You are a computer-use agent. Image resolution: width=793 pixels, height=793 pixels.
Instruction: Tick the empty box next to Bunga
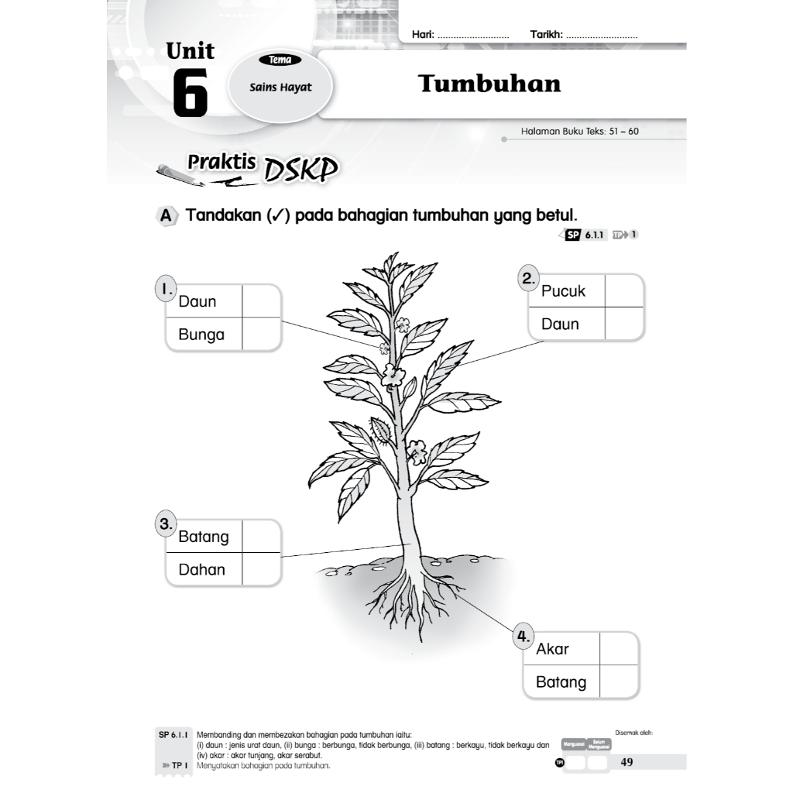coord(261,335)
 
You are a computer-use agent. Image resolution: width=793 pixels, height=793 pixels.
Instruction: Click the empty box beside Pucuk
coord(623,291)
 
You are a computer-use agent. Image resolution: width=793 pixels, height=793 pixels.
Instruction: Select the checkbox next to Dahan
coord(261,569)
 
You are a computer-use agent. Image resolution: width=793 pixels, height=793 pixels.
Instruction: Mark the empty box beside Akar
coord(619,649)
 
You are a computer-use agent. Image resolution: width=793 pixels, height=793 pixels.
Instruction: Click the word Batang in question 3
coord(204,537)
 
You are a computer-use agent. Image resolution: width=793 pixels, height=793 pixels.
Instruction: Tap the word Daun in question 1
coord(197,301)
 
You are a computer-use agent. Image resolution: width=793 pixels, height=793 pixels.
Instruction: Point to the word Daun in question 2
coord(560,324)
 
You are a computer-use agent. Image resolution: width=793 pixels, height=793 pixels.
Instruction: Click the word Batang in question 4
coord(561,682)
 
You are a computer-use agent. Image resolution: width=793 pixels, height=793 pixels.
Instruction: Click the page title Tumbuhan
coord(489,84)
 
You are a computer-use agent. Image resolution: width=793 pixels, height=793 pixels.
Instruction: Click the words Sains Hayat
coord(280,88)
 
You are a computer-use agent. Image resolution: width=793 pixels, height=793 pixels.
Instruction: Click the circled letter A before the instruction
coord(165,216)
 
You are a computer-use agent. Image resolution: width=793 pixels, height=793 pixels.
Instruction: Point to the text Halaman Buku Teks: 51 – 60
coord(580,132)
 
